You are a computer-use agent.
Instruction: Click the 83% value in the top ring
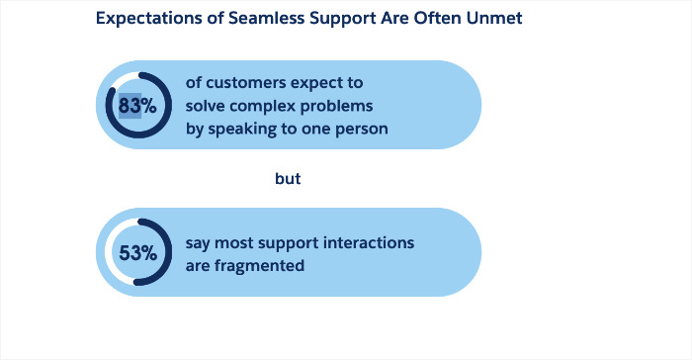(x=138, y=105)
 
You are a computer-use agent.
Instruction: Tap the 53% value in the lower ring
(x=138, y=252)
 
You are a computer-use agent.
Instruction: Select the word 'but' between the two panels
(x=287, y=180)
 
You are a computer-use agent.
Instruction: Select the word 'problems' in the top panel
(x=332, y=105)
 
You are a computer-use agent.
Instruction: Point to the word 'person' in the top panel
(x=385, y=129)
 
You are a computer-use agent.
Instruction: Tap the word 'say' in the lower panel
(x=199, y=242)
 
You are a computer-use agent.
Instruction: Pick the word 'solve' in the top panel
(x=207, y=105)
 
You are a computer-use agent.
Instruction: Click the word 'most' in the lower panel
(x=236, y=242)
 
